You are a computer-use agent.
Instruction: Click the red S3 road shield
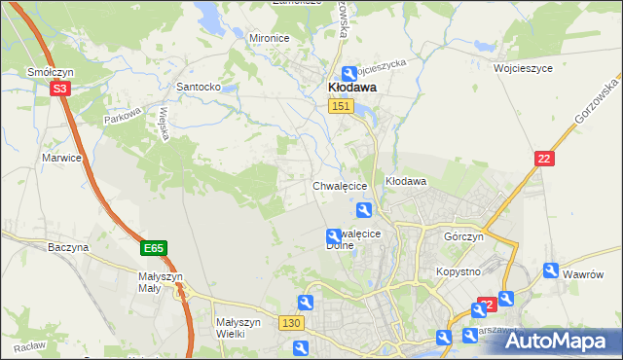(60, 89)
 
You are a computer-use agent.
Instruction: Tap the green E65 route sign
(153, 249)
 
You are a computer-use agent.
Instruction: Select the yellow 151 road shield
(340, 107)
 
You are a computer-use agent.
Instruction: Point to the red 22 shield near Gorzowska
(544, 159)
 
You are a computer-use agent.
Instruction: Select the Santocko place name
(198, 87)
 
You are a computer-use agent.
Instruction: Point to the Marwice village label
(59, 157)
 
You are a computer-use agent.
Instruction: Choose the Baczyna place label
(68, 247)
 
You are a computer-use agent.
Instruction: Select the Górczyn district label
(463, 237)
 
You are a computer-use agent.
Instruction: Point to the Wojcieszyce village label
(523, 70)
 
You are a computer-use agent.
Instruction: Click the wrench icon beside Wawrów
(552, 271)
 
